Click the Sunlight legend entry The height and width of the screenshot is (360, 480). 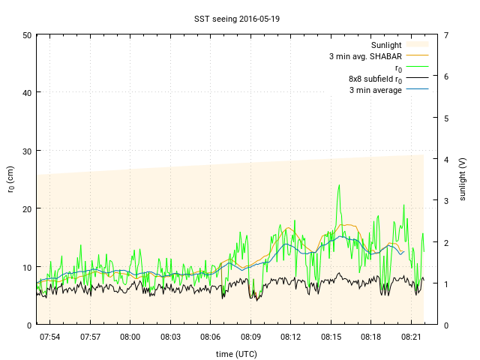point(387,45)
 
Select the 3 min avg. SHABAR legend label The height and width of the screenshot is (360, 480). point(365,56)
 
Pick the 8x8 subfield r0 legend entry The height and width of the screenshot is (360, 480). point(376,79)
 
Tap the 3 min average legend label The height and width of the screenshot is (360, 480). point(376,90)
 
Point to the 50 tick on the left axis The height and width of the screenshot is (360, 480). point(26,35)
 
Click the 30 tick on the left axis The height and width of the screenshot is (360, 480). point(26,151)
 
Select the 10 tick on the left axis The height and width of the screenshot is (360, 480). point(26,267)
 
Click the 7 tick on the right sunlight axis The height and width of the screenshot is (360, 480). point(446,35)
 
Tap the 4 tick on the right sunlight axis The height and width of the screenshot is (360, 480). point(446,159)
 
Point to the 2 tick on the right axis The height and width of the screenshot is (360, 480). point(446,242)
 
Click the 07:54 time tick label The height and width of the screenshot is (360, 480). point(50,337)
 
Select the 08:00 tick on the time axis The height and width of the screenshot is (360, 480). point(130,337)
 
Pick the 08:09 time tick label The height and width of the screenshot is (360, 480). point(250,337)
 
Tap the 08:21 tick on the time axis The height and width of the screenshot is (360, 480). point(411,337)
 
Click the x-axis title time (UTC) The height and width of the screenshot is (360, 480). point(235,353)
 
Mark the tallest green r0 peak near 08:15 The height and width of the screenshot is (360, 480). point(339,185)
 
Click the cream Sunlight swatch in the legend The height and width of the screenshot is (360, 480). point(417,45)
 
